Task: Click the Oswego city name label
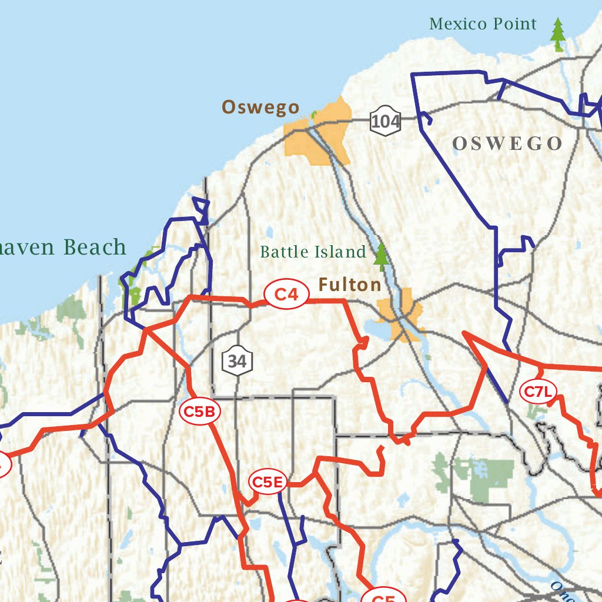click(x=260, y=108)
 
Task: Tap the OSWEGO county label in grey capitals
click(x=507, y=143)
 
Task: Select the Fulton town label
click(x=350, y=285)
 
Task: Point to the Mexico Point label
click(x=483, y=24)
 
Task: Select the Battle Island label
click(x=313, y=252)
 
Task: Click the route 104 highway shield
click(x=386, y=122)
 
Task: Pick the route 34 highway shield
click(x=237, y=361)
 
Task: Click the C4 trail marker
click(x=286, y=295)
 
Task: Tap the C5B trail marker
click(x=199, y=412)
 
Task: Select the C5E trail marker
click(x=268, y=483)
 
